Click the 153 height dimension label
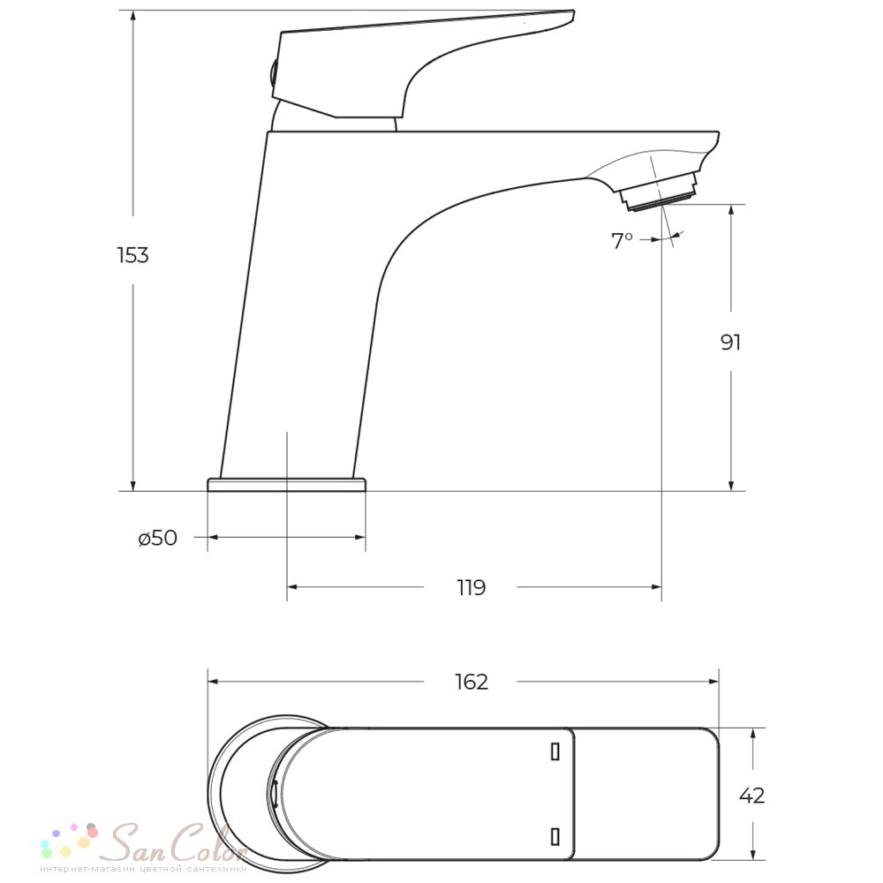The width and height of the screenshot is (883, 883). (x=133, y=255)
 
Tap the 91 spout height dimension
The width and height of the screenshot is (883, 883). (x=730, y=342)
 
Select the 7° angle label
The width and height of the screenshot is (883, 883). (x=622, y=240)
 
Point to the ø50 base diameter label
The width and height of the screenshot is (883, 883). (x=158, y=538)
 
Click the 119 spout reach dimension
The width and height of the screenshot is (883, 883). (x=471, y=587)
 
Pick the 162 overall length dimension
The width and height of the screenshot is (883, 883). (x=472, y=682)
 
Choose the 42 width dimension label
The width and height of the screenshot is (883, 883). (x=751, y=796)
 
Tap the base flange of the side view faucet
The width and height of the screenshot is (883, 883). (x=286, y=484)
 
